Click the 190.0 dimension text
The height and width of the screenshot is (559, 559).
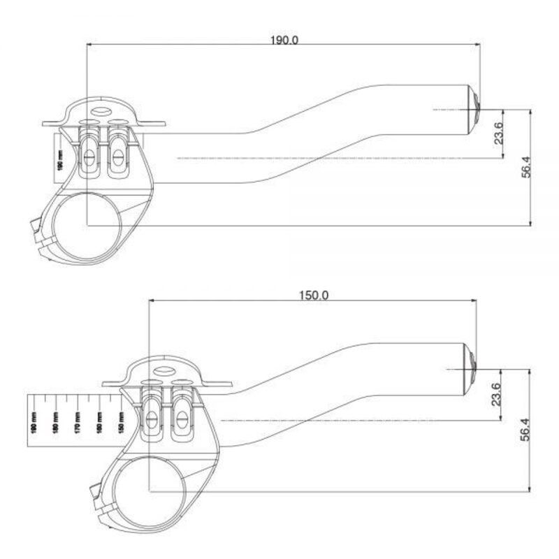click(x=284, y=40)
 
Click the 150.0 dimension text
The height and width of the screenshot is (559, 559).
click(x=314, y=295)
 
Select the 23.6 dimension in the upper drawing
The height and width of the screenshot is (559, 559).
click(x=498, y=133)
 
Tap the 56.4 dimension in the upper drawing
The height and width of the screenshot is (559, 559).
click(x=526, y=167)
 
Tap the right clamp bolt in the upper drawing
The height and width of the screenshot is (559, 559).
click(x=117, y=151)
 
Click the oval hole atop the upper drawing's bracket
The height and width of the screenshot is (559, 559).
click(x=101, y=110)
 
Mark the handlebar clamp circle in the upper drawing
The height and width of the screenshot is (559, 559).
click(x=88, y=225)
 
